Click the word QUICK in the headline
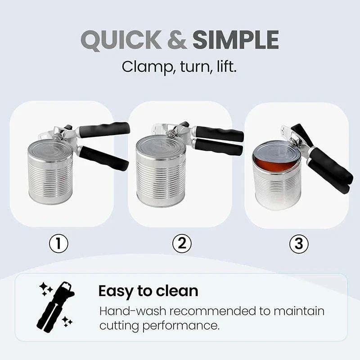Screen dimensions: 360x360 point(121,40)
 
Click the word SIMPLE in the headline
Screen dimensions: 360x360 point(236,40)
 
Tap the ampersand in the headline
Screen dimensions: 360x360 point(177,40)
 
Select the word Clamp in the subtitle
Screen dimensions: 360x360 point(148,67)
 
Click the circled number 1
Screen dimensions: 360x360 point(58,243)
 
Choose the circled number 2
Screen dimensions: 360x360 point(182,243)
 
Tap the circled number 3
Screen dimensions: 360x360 point(299,243)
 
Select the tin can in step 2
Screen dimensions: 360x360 point(161,171)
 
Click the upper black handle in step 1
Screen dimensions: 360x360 point(104,130)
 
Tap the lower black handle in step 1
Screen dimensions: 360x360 point(103,158)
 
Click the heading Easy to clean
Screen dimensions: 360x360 point(148,292)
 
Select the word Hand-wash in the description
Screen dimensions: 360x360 point(133,311)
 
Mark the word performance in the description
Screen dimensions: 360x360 point(180,326)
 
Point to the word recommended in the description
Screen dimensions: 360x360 point(212,311)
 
